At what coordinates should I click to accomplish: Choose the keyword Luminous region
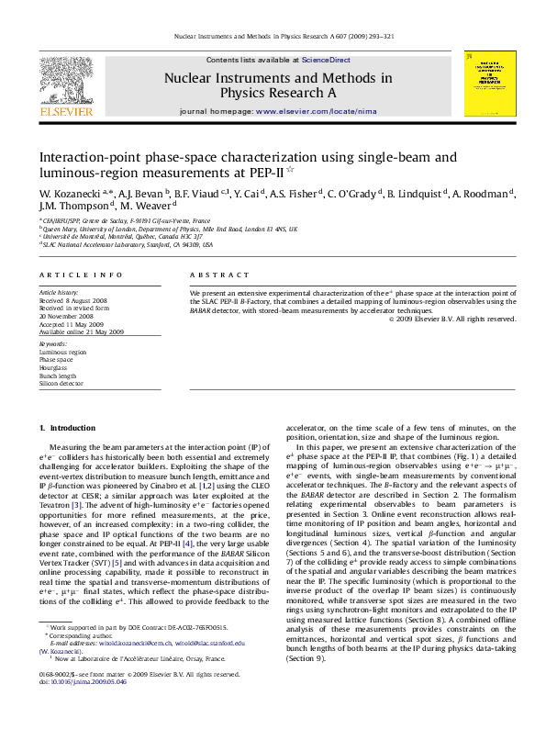(61, 352)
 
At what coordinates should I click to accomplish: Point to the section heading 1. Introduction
(67, 429)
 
